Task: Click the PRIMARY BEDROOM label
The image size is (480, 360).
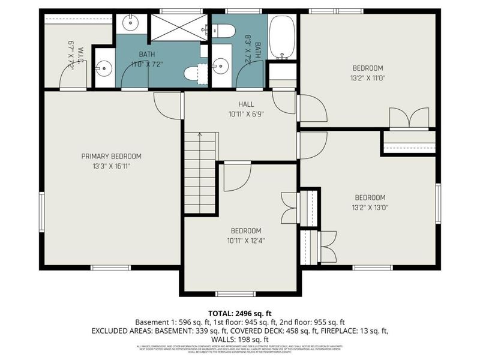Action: click(111, 156)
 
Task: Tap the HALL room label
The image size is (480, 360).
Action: click(246, 103)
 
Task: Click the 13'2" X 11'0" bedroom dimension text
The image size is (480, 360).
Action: click(367, 78)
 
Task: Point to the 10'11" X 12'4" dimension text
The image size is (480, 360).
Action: click(246, 241)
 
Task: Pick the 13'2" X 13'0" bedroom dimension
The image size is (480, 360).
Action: click(370, 208)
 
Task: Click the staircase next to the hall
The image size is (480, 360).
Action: click(200, 173)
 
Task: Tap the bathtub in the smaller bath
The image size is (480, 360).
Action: click(281, 37)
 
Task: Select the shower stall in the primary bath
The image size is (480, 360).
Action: click(178, 28)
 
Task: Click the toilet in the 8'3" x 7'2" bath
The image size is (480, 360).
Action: click(223, 31)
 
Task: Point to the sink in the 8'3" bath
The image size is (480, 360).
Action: click(222, 65)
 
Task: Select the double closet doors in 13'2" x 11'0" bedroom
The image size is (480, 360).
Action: click(409, 118)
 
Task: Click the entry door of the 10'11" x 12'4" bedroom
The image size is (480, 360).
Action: click(236, 178)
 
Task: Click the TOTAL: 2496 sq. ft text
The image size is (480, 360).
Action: click(239, 313)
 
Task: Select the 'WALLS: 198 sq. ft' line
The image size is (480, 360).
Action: click(240, 339)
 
